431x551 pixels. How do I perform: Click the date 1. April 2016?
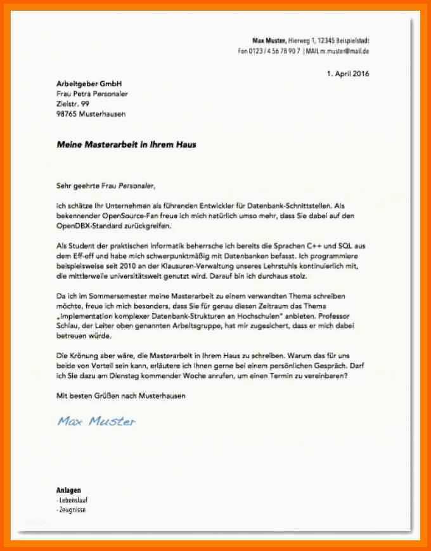[x=348, y=74]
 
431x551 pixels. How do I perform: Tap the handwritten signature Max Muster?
[x=96, y=421]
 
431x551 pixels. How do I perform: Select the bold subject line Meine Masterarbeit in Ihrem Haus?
[x=126, y=145]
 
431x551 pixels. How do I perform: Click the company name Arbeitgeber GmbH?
[x=88, y=84]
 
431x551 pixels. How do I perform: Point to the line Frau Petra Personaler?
[x=92, y=94]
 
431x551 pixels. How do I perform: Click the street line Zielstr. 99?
[x=73, y=103]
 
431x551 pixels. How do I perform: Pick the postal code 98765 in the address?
[x=66, y=113]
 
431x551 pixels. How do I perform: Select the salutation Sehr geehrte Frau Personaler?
[x=105, y=186]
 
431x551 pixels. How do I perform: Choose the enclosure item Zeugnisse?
[x=72, y=510]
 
